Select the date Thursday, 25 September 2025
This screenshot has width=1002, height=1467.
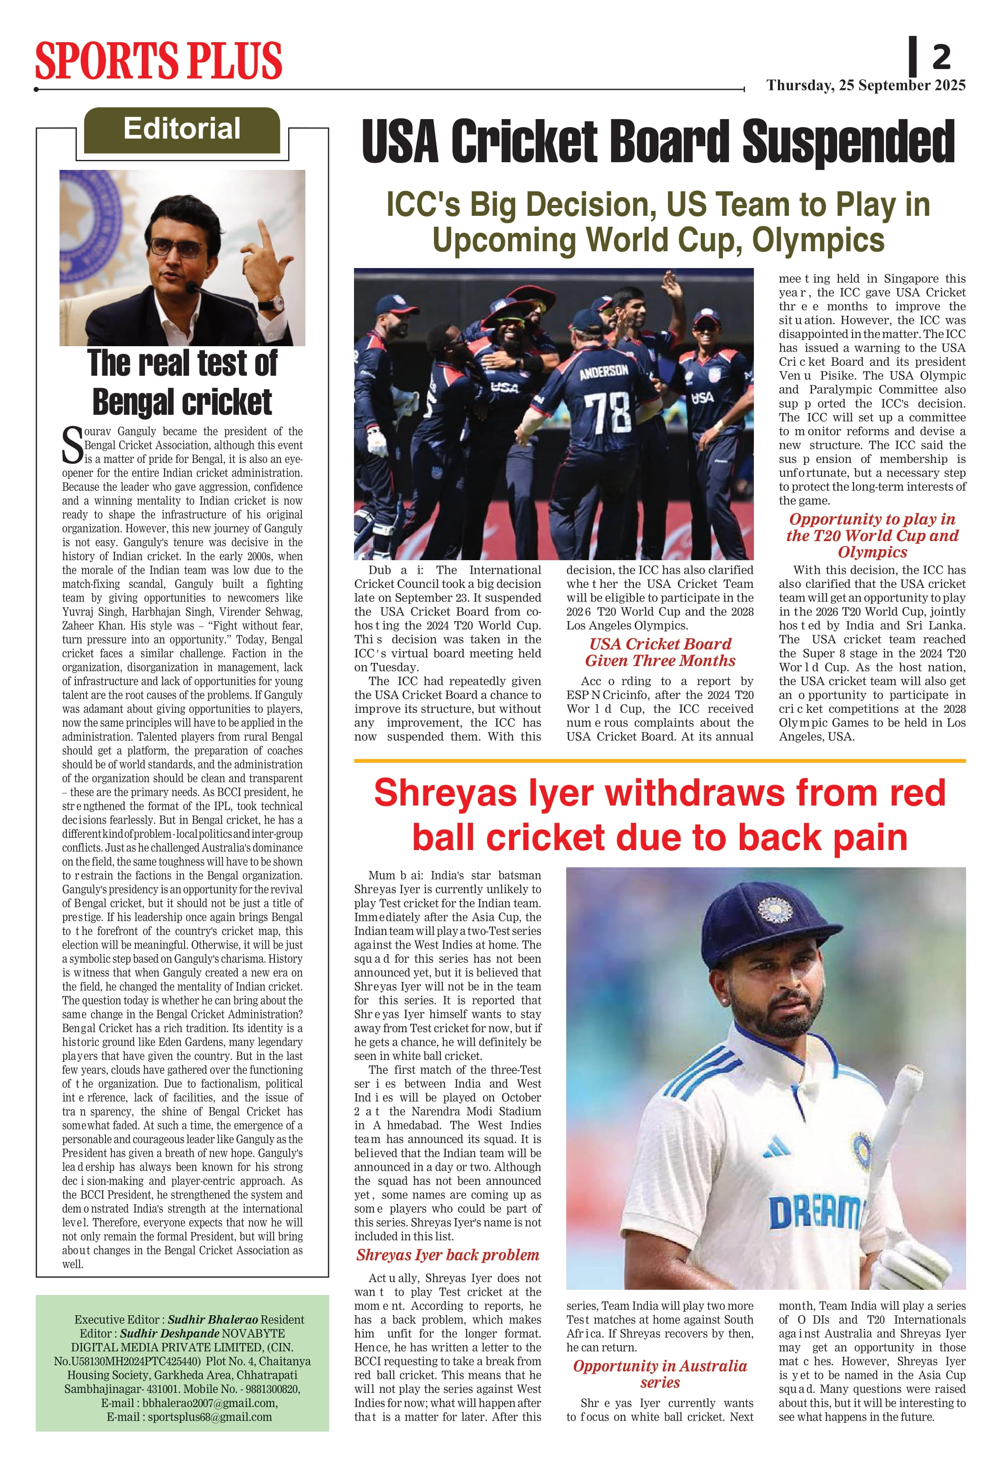click(x=866, y=86)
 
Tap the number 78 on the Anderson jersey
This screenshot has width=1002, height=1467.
click(x=606, y=411)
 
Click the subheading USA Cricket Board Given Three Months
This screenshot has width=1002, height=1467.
click(x=660, y=652)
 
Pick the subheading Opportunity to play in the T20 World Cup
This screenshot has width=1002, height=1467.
click(x=872, y=535)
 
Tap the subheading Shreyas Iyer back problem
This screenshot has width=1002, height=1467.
click(x=448, y=1255)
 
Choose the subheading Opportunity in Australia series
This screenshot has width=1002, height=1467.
click(x=660, y=1374)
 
